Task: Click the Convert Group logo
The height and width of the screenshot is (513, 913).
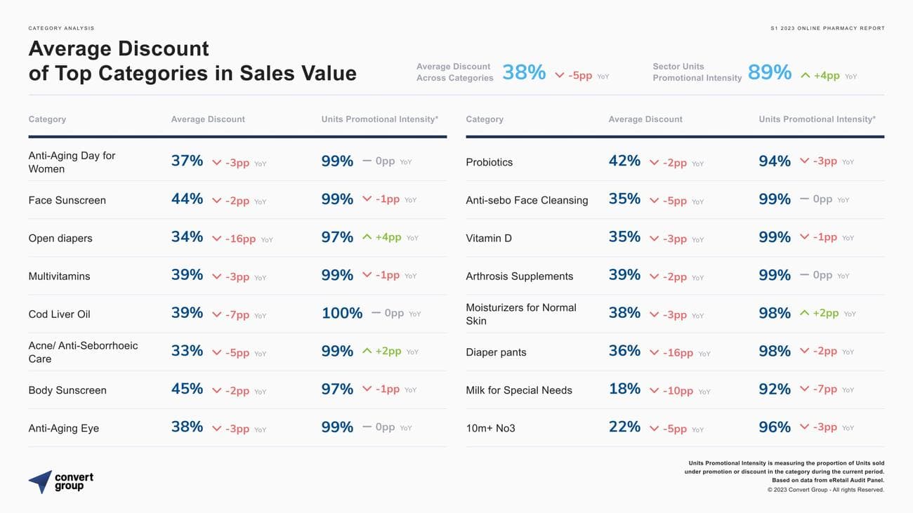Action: [61, 481]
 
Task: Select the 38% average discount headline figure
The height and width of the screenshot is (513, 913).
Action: [524, 72]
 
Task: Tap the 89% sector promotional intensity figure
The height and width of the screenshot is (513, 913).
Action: [769, 72]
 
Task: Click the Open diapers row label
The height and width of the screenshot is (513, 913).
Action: [60, 239]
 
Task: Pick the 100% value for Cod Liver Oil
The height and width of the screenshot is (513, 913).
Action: [341, 314]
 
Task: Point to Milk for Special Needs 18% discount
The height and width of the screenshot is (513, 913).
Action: [624, 389]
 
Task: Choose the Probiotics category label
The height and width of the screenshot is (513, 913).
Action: [489, 162]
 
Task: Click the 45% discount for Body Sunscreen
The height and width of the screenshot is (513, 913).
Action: [187, 389]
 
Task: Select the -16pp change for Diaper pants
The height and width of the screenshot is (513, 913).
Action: [678, 353]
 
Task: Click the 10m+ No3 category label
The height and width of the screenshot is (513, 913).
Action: [490, 428]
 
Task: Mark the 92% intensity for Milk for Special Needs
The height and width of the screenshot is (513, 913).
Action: [774, 389]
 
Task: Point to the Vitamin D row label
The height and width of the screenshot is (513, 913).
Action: [488, 239]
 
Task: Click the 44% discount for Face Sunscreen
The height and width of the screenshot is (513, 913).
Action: [187, 199]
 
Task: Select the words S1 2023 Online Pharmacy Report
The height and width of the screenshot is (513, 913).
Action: [827, 28]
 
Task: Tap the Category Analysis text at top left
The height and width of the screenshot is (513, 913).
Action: [61, 28]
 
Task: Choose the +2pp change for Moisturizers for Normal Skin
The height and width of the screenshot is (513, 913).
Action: [825, 313]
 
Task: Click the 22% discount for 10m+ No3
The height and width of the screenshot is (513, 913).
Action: [624, 427]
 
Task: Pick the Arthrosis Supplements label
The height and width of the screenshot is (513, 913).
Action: [519, 277]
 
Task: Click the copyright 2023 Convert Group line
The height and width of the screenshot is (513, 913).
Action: [825, 490]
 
